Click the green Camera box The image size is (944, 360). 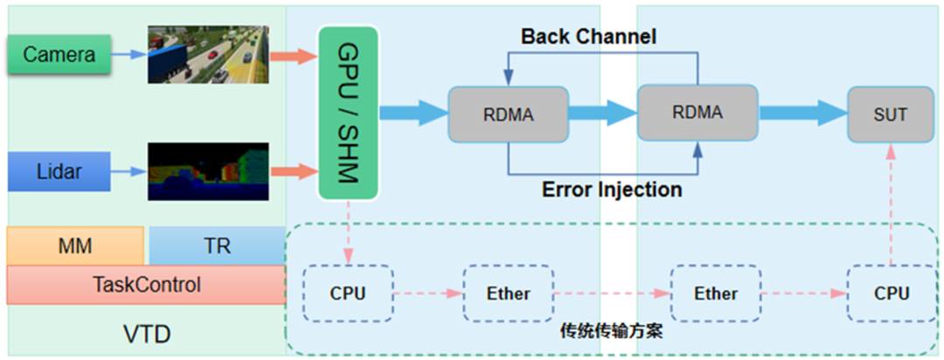[x=59, y=55]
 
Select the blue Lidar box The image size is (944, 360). [x=59, y=171]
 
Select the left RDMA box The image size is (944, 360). [x=508, y=114]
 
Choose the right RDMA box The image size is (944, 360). [x=697, y=112]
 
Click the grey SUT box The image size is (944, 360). [x=890, y=114]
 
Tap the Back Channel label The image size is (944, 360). [x=588, y=37]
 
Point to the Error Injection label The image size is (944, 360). [x=612, y=189]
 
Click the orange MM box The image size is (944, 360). [x=75, y=246]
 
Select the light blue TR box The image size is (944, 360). [x=217, y=246]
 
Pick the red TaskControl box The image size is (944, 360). [x=146, y=285]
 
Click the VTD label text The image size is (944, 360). [x=146, y=335]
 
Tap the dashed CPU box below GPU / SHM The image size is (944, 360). [x=348, y=294]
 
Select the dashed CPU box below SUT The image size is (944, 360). [x=890, y=294]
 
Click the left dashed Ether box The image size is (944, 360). [x=508, y=294]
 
